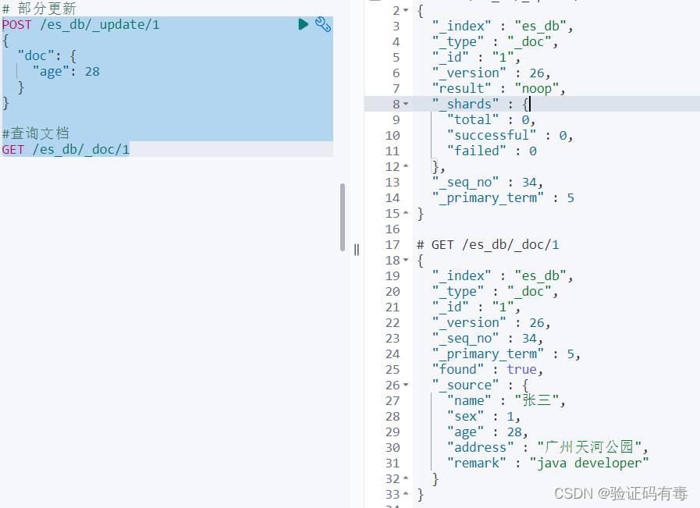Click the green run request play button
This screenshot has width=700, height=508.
click(x=303, y=24)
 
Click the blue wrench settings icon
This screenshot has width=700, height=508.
click(x=323, y=24)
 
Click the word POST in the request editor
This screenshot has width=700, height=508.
click(x=17, y=24)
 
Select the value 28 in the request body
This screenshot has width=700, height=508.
click(x=92, y=72)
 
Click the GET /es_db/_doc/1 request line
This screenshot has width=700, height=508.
click(x=66, y=150)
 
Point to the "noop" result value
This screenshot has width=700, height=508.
click(x=537, y=88)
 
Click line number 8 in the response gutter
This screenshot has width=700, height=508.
click(x=396, y=104)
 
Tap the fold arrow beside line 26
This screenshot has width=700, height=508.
click(x=406, y=385)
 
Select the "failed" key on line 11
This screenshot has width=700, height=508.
click(x=477, y=151)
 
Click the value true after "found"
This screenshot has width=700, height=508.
click(x=521, y=369)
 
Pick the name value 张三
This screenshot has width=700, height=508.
click(x=537, y=400)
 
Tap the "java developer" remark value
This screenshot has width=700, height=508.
click(x=589, y=463)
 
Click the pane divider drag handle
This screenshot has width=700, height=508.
click(x=357, y=250)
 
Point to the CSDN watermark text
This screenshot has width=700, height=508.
click(x=620, y=493)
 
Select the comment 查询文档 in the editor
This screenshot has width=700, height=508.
click(x=39, y=133)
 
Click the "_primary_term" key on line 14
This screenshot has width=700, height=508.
click(x=488, y=197)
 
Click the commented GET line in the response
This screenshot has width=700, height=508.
click(x=488, y=244)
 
